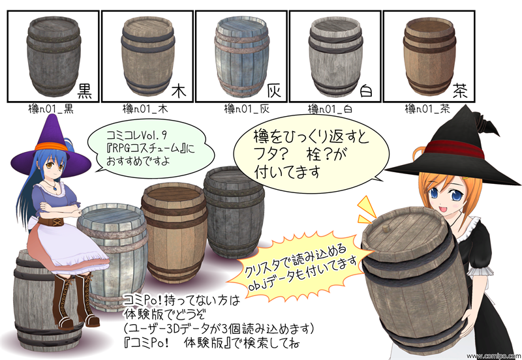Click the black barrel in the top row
(x=54, y=57)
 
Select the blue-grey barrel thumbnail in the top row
(x=242, y=57)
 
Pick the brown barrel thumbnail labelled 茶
(x=429, y=57)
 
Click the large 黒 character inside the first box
(x=85, y=91)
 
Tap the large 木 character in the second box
(x=179, y=91)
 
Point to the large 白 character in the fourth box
(x=366, y=91)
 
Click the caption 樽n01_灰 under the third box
(x=247, y=108)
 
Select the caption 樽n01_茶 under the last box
(x=427, y=108)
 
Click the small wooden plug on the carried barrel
(x=386, y=230)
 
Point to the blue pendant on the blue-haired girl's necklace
(x=55, y=188)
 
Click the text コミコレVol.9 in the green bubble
(x=136, y=136)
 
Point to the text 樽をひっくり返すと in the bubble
(x=311, y=136)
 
